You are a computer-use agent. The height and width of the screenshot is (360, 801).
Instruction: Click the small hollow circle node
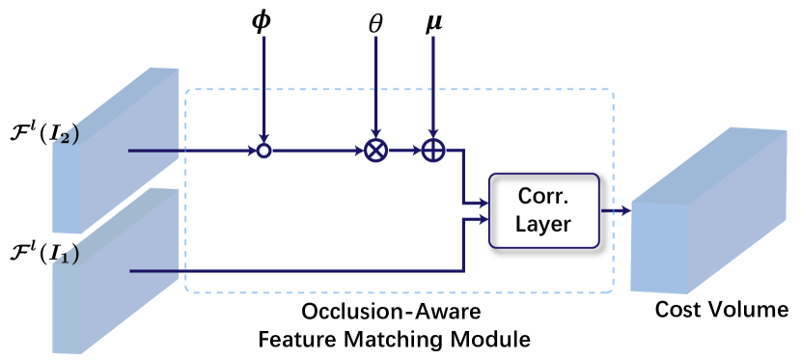coord(263,151)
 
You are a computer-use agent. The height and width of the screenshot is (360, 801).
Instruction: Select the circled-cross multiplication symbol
coord(375,151)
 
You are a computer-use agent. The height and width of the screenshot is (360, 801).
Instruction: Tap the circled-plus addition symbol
coord(433,151)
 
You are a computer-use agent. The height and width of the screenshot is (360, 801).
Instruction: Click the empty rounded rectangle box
coord(544,210)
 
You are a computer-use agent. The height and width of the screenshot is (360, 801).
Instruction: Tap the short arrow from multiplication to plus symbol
coord(404,151)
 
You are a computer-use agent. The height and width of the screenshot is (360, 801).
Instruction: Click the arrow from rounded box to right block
coord(615,210)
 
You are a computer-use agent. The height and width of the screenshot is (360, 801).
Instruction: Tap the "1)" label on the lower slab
coord(68,257)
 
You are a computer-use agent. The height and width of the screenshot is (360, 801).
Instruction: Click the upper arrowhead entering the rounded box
coord(483,203)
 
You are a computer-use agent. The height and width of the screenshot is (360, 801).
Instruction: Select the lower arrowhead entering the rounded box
coord(483,220)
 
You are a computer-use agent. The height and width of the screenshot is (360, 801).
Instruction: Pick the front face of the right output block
coord(659,247)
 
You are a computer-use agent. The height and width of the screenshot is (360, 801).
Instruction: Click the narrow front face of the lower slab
coord(66,309)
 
